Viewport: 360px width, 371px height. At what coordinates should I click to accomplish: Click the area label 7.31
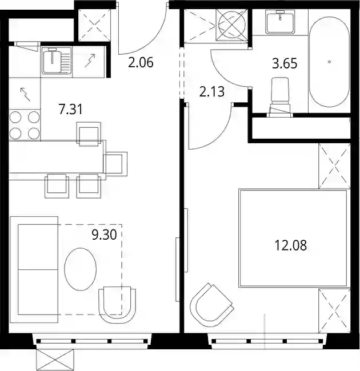pyautogui.click(x=71, y=110)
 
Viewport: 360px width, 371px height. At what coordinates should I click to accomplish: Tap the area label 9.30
pyautogui.click(x=104, y=235)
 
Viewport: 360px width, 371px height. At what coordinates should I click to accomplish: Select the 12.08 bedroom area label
pyautogui.click(x=290, y=245)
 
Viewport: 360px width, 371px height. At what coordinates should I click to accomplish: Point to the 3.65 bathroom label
pyautogui.click(x=285, y=64)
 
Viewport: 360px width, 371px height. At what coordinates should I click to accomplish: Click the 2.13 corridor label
pyautogui.click(x=212, y=92)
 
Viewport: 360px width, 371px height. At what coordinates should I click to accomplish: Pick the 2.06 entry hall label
pyautogui.click(x=141, y=63)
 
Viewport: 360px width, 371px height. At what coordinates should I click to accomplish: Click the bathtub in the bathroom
pyautogui.click(x=330, y=62)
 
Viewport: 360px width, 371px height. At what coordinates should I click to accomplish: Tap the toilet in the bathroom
pyautogui.click(x=280, y=97)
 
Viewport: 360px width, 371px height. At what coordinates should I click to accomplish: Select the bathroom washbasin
pyautogui.click(x=280, y=22)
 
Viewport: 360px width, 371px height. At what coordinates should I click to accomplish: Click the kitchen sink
pyautogui.click(x=57, y=60)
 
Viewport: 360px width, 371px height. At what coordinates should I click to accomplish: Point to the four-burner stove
pyautogui.click(x=25, y=125)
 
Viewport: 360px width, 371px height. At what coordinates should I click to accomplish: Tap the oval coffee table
pyautogui.click(x=81, y=269)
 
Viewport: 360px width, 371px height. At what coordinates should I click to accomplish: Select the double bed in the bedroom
pyautogui.click(x=294, y=238)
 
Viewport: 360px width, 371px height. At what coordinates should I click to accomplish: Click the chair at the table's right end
pyautogui.click(x=115, y=164)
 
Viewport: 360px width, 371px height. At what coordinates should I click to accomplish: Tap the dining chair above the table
pyautogui.click(x=89, y=134)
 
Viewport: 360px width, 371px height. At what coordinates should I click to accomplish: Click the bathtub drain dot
pyautogui.click(x=330, y=62)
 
